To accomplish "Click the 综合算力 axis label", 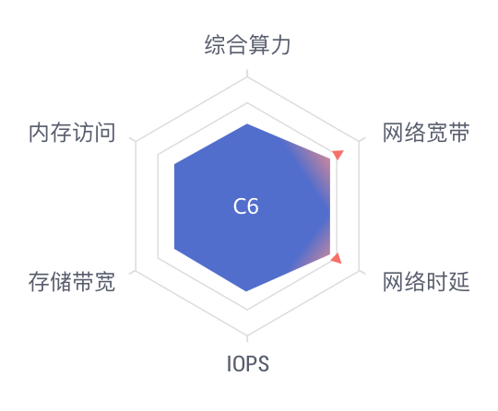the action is [247, 45].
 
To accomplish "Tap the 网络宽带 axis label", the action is [426, 133].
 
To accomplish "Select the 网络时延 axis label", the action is [426, 281].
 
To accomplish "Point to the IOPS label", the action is [248, 364].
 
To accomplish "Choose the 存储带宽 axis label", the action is [72, 281].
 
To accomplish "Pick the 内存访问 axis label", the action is [72, 133].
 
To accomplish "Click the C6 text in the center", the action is [246, 206].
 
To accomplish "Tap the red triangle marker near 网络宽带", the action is [338, 155].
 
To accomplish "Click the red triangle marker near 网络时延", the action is [337, 258].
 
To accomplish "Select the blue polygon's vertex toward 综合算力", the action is [247, 123].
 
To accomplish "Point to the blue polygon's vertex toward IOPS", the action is [247, 290].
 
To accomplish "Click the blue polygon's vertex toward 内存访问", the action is [174, 164].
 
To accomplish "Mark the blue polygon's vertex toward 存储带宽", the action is [174, 249].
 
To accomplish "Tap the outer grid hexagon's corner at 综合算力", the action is [247, 76].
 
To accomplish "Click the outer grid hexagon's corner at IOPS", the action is [247, 335].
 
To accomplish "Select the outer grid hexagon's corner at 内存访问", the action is [136, 141].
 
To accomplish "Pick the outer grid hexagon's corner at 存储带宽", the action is [136, 270].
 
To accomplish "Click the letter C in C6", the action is [239, 206].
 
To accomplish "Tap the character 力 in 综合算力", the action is [280, 45].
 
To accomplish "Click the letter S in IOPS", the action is [263, 364].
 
